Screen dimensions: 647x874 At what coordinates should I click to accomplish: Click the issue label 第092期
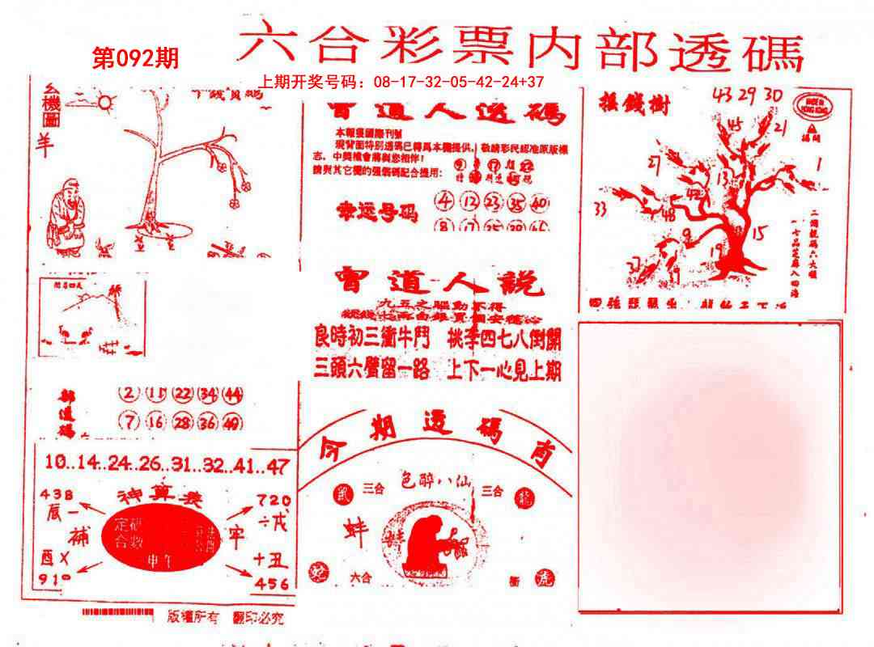pyautogui.click(x=136, y=59)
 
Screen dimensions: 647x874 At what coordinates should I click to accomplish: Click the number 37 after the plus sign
pyautogui.click(x=534, y=82)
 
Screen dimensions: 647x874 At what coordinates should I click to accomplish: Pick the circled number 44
pyautogui.click(x=234, y=394)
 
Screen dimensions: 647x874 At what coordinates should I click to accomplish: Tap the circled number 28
pyautogui.click(x=183, y=421)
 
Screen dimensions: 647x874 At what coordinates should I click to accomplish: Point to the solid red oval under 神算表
pyautogui.click(x=159, y=536)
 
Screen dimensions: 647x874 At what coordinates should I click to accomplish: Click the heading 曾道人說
pyautogui.click(x=437, y=285)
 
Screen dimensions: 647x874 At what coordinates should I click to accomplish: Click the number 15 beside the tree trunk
pyautogui.click(x=758, y=235)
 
